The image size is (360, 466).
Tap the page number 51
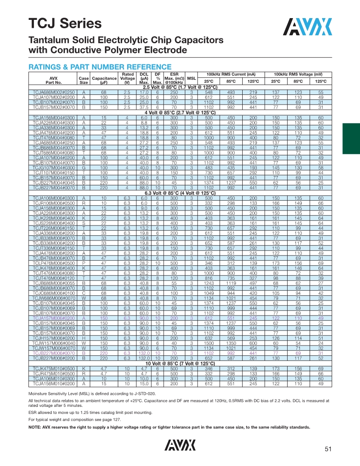[328, 449]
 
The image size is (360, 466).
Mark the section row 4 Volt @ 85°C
[180, 113]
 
